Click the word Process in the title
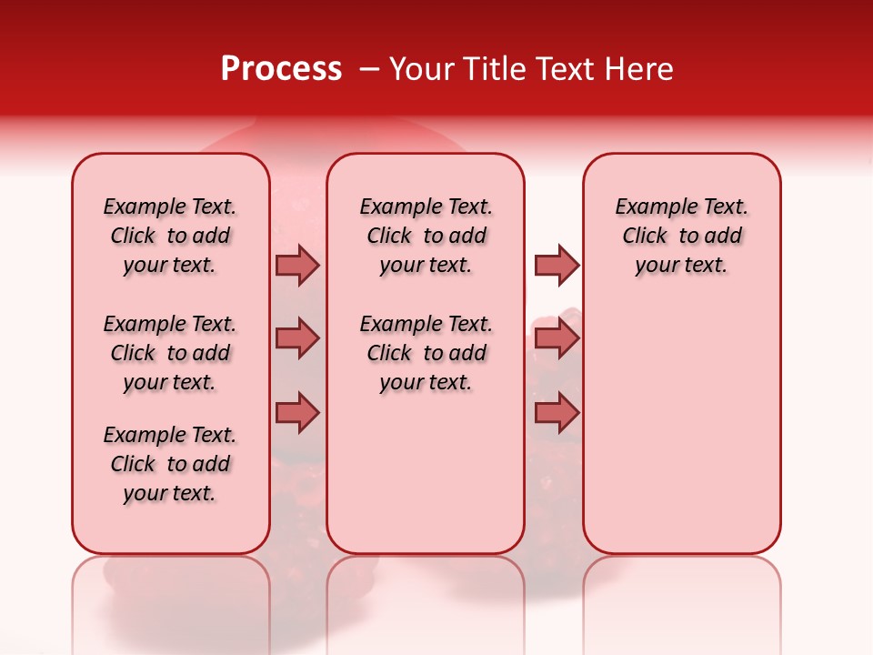point(281,68)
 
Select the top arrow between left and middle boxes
point(297,265)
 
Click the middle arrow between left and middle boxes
point(297,338)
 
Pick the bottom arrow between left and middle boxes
point(297,413)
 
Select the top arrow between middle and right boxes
point(557,265)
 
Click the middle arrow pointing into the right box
point(557,338)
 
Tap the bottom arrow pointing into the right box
point(557,413)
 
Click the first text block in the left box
point(170,236)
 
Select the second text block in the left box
point(170,353)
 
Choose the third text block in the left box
point(170,464)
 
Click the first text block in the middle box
point(426,236)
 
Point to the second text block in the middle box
point(426,353)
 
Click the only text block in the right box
point(681,236)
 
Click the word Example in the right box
point(649,207)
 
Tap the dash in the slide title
point(369,68)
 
